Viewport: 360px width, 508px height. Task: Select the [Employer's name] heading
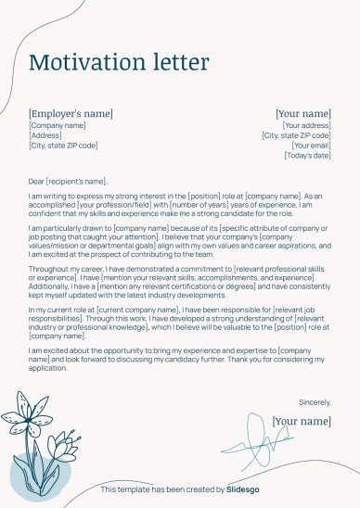71,113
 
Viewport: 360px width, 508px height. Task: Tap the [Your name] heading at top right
303,114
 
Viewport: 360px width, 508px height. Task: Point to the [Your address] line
306,125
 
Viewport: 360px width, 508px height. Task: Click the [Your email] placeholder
311,146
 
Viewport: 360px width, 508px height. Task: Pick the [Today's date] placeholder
307,156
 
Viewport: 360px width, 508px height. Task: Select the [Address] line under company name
45,135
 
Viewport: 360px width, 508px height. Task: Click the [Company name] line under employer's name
57,125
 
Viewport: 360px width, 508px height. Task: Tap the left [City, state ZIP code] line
63,146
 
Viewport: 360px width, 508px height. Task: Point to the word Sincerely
315,402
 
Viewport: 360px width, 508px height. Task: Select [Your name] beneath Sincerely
302,421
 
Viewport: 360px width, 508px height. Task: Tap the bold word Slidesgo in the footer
245,489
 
